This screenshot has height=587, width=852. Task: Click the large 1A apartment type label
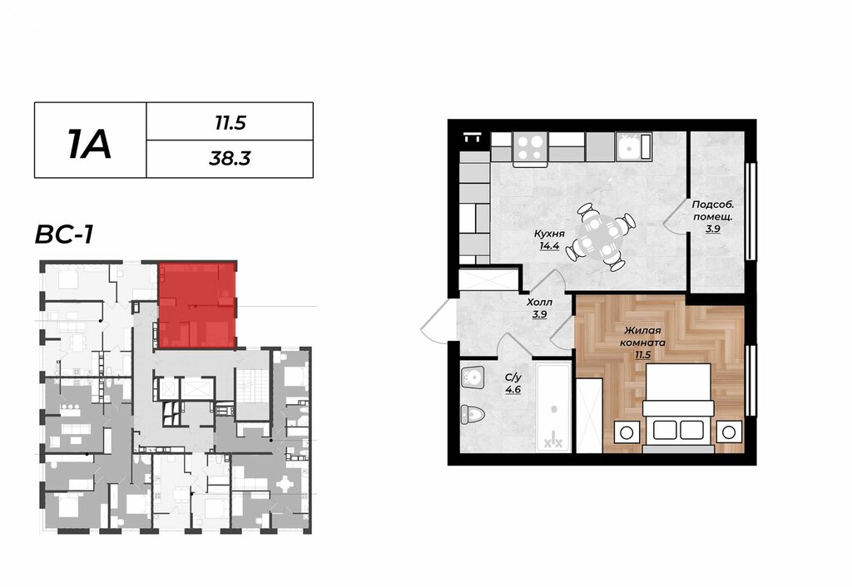pyautogui.click(x=90, y=145)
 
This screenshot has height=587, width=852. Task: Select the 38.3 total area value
pyautogui.click(x=230, y=159)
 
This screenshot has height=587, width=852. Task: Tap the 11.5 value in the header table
pyautogui.click(x=230, y=123)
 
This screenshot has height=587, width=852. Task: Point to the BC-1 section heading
pyautogui.click(x=64, y=235)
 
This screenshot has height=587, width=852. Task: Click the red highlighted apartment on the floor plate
pyautogui.click(x=197, y=306)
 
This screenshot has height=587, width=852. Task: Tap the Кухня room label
pyautogui.click(x=549, y=234)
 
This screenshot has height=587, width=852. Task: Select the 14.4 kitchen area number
pyautogui.click(x=549, y=246)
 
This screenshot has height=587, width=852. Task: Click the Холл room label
pyautogui.click(x=539, y=302)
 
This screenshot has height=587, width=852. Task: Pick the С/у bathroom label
pyautogui.click(x=513, y=377)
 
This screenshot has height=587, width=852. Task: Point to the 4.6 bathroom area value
pyautogui.click(x=513, y=389)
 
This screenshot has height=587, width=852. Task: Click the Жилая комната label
pyautogui.click(x=643, y=337)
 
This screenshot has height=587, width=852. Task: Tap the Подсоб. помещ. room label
pyautogui.click(x=713, y=210)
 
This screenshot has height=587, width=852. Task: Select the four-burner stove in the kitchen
pyautogui.click(x=530, y=148)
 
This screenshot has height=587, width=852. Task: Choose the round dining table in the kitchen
pyautogui.click(x=597, y=237)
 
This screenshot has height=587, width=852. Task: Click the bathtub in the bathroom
pyautogui.click(x=553, y=407)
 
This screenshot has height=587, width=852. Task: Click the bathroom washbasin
pyautogui.click(x=473, y=377)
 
